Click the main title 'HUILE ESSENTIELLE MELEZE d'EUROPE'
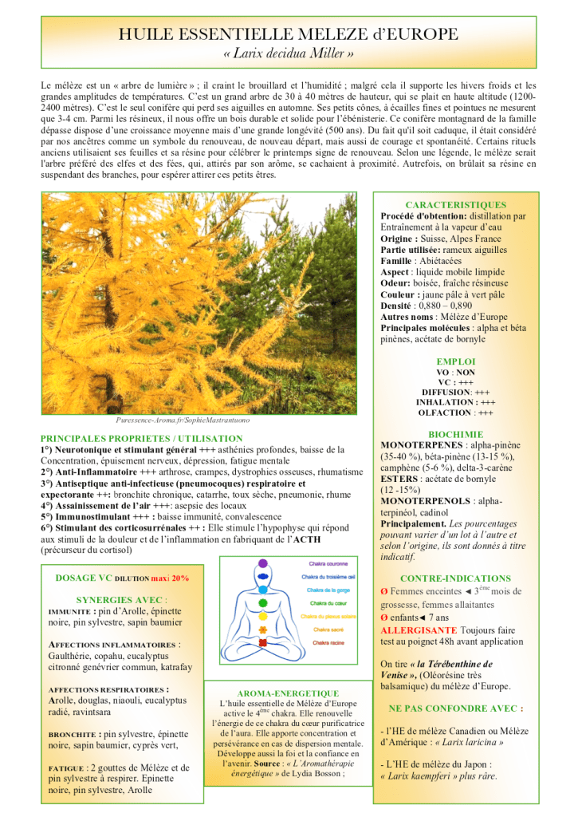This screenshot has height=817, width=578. (x=289, y=34)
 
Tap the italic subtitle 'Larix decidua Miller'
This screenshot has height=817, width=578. (x=289, y=53)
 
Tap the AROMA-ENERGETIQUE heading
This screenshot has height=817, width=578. (x=288, y=693)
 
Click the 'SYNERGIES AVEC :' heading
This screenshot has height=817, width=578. (x=122, y=599)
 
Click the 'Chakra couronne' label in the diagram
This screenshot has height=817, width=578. (x=327, y=563)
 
